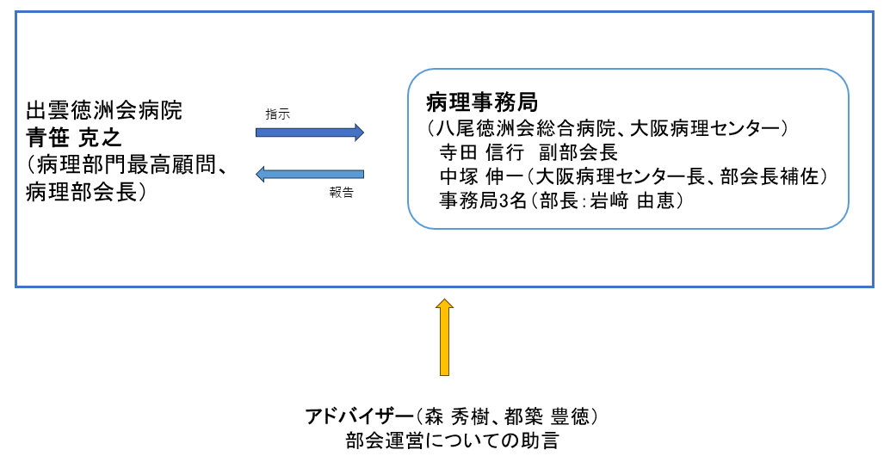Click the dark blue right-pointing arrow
click(x=309, y=132)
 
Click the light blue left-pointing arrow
click(x=309, y=174)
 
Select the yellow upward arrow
click(x=444, y=337)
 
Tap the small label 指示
click(x=277, y=114)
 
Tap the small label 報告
click(x=341, y=192)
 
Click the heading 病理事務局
click(x=482, y=102)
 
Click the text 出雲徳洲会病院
click(x=104, y=111)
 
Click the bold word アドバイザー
click(x=359, y=417)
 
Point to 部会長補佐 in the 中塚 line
click(x=769, y=177)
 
